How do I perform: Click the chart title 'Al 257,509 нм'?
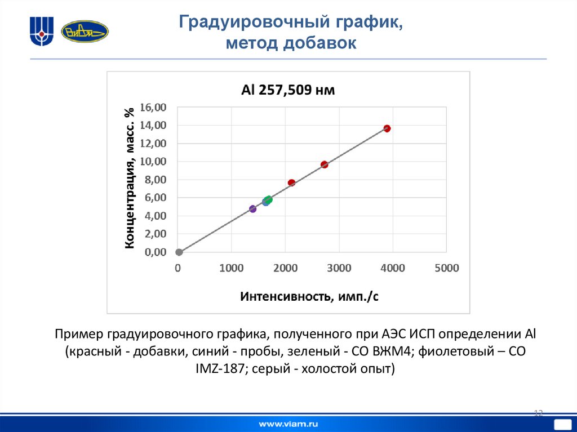tap(288, 90)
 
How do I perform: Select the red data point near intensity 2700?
tap(324, 164)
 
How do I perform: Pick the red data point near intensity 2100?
tap(291, 182)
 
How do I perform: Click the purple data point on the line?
tap(252, 209)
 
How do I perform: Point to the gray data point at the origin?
tap(179, 252)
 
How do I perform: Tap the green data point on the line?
tap(269, 199)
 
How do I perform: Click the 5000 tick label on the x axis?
tap(447, 269)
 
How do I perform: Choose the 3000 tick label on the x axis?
tap(339, 269)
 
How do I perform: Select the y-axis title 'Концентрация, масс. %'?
tap(130, 177)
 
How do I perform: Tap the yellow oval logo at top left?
tap(85, 32)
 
